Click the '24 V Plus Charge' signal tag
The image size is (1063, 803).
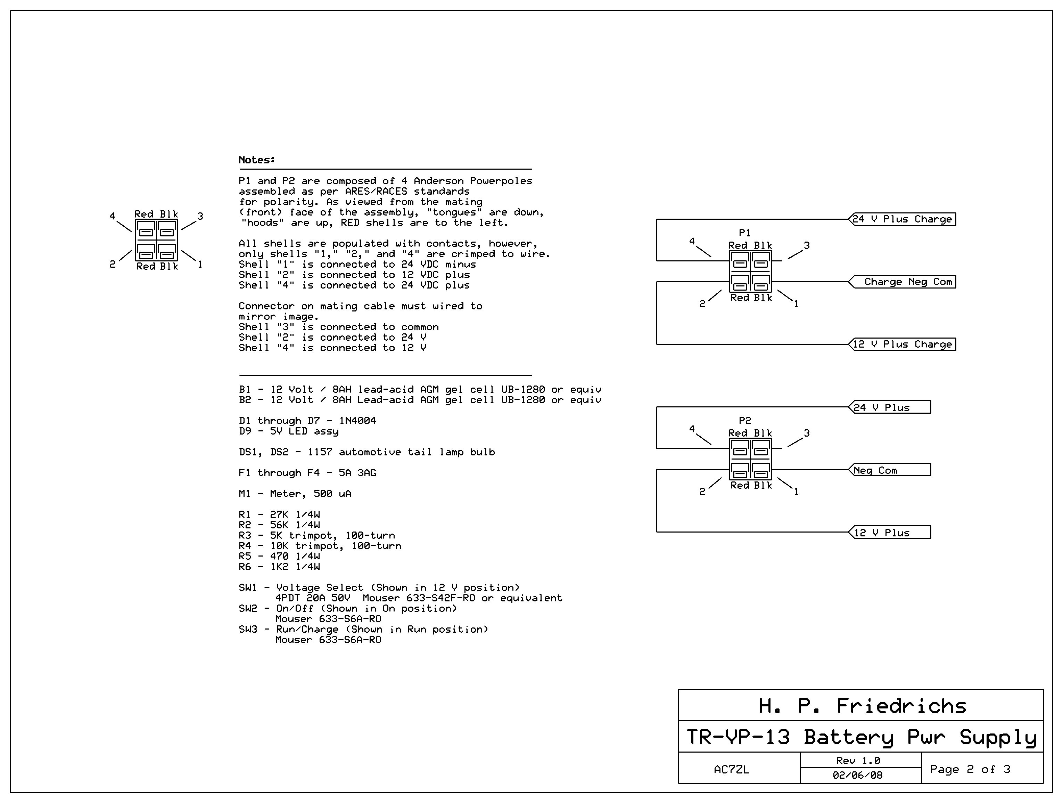902,219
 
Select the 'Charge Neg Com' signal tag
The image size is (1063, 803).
902,282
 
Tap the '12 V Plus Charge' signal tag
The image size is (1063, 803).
902,344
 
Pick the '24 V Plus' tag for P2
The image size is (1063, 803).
890,407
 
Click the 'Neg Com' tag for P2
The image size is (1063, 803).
890,470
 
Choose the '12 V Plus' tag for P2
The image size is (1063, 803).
890,532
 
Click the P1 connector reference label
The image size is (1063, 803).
745,233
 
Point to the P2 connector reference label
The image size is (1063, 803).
745,421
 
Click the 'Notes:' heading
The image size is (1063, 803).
257,160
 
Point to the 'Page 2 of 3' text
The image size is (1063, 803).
970,769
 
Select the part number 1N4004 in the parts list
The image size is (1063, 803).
357,421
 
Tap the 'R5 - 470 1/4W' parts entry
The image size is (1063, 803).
279,556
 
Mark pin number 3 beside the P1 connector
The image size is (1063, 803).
807,245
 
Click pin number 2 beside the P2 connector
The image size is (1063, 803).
702,492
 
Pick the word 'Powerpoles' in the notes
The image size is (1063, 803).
501,181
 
